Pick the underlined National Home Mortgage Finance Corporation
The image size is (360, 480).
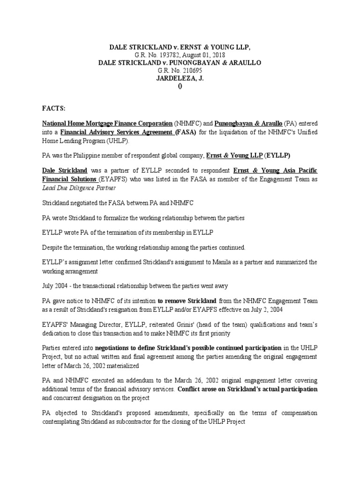pos(107,124)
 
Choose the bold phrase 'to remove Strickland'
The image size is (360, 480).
pos(187,300)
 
